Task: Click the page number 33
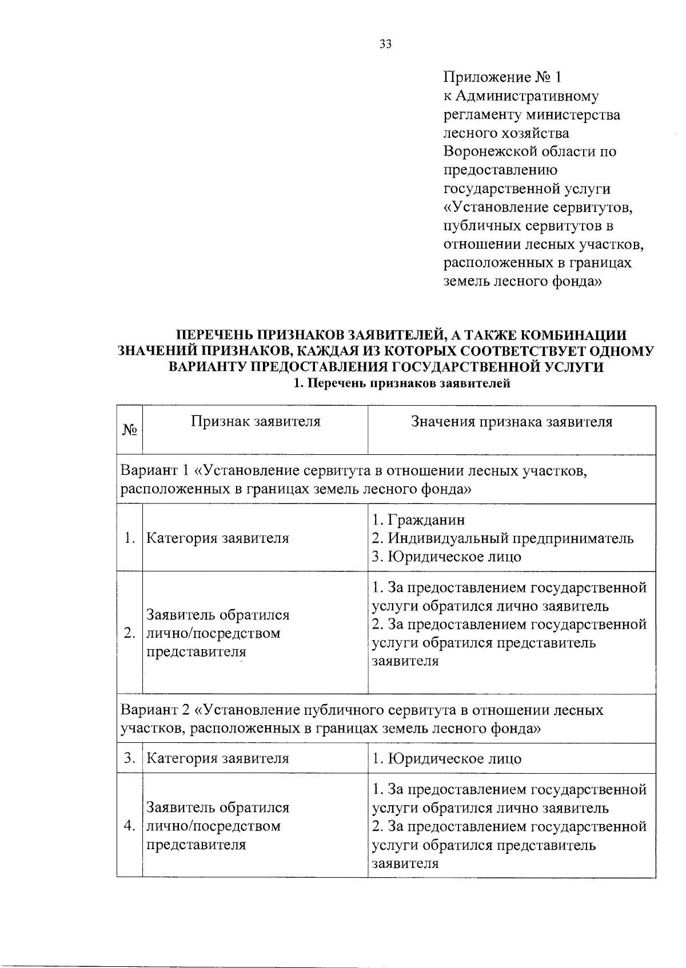tap(385, 45)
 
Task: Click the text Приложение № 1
tap(503, 77)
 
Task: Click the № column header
tap(130, 430)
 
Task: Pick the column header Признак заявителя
tap(255, 422)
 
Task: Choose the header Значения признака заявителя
tap(512, 422)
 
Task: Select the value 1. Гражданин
tap(418, 519)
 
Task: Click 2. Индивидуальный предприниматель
tap(502, 538)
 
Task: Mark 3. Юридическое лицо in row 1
tap(446, 557)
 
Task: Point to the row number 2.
tap(130, 633)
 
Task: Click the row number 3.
tap(130, 758)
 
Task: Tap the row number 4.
tap(130, 826)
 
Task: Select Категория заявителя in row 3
tap(218, 758)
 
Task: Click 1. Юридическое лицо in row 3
tap(446, 758)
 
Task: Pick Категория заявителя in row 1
tap(218, 538)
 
